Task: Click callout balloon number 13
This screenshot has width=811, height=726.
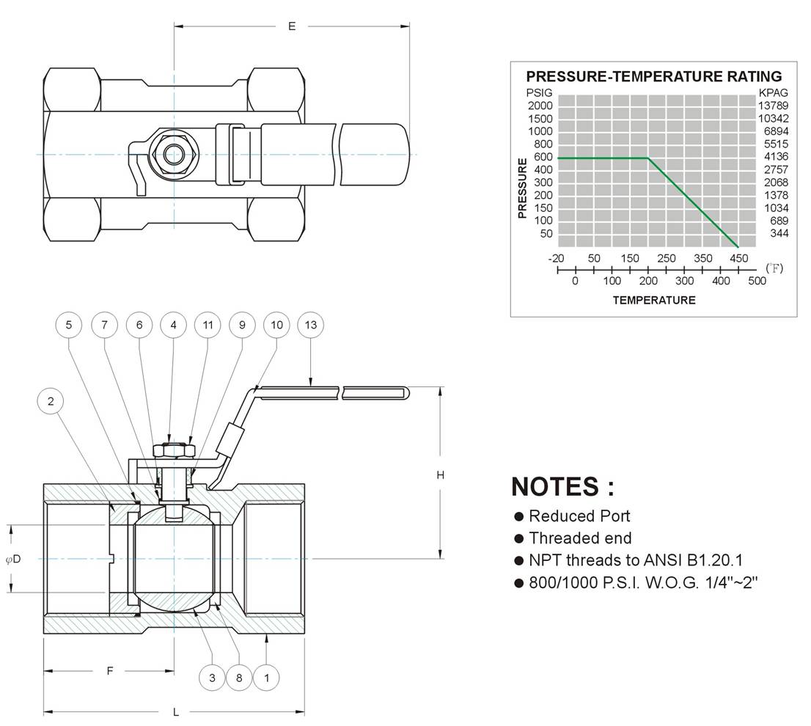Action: pyautogui.click(x=311, y=325)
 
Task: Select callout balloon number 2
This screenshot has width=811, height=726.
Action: pyautogui.click(x=51, y=401)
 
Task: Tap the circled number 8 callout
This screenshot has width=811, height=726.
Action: pyautogui.click(x=239, y=678)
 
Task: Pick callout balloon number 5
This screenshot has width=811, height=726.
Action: pyautogui.click(x=69, y=325)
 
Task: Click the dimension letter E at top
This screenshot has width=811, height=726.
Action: pyautogui.click(x=292, y=26)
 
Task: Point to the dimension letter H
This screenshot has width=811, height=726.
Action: pyautogui.click(x=440, y=474)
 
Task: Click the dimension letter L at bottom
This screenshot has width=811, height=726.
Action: pyautogui.click(x=176, y=713)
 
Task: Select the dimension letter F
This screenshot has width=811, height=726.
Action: pyautogui.click(x=110, y=671)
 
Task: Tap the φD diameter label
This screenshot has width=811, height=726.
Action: pyautogui.click(x=13, y=559)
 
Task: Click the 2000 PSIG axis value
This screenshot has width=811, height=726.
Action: pyautogui.click(x=540, y=106)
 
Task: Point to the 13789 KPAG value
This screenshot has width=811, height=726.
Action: pyautogui.click(x=774, y=106)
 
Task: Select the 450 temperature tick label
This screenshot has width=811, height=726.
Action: pyautogui.click(x=738, y=258)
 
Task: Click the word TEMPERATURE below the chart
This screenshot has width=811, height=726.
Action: pyautogui.click(x=654, y=301)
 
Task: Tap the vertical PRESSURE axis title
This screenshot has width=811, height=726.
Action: pyautogui.click(x=522, y=188)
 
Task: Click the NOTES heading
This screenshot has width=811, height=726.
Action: pyautogui.click(x=562, y=487)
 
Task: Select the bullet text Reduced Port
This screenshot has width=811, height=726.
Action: pyautogui.click(x=579, y=516)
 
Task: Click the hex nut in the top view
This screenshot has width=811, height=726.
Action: pyautogui.click(x=173, y=154)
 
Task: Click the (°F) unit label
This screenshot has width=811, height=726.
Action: pyautogui.click(x=774, y=268)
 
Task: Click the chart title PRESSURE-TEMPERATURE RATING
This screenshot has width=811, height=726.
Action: pyautogui.click(x=654, y=76)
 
